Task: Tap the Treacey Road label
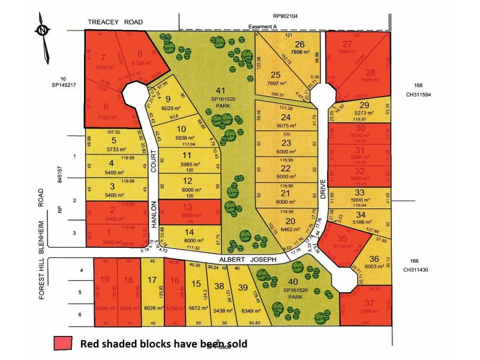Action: click(115, 22)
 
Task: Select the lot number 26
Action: click(300, 44)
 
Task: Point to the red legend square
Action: click(62, 343)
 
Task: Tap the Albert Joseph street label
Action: click(247, 259)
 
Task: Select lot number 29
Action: click(364, 105)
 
